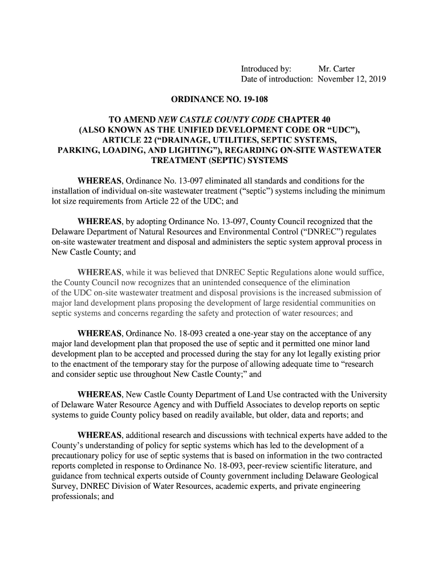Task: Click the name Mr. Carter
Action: coord(336,69)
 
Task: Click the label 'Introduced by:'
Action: coord(266,69)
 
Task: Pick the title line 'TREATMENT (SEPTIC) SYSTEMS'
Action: coord(219,161)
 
